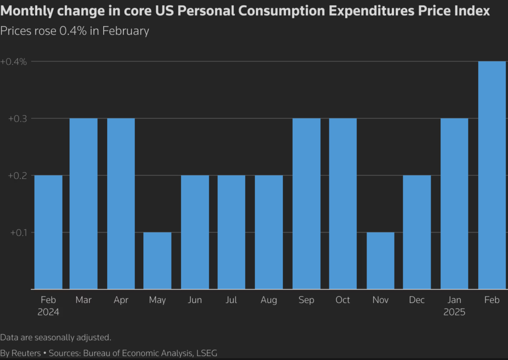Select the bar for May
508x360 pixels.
[x=158, y=260]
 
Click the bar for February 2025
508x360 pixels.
[x=492, y=175]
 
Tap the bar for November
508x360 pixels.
[x=381, y=260]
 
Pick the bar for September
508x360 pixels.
[x=306, y=203]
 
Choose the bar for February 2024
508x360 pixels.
[x=48, y=232]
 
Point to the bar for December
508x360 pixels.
[x=417, y=232]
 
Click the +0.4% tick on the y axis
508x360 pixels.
[x=13, y=62]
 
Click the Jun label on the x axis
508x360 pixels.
[x=195, y=300]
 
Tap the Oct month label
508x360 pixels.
[x=343, y=300]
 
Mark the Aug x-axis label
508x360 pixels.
[x=269, y=300]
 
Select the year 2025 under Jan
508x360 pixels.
[x=454, y=312]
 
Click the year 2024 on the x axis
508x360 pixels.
[x=48, y=312]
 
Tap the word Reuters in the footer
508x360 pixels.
[x=27, y=353]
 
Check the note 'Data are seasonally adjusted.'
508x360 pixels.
[x=56, y=337]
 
